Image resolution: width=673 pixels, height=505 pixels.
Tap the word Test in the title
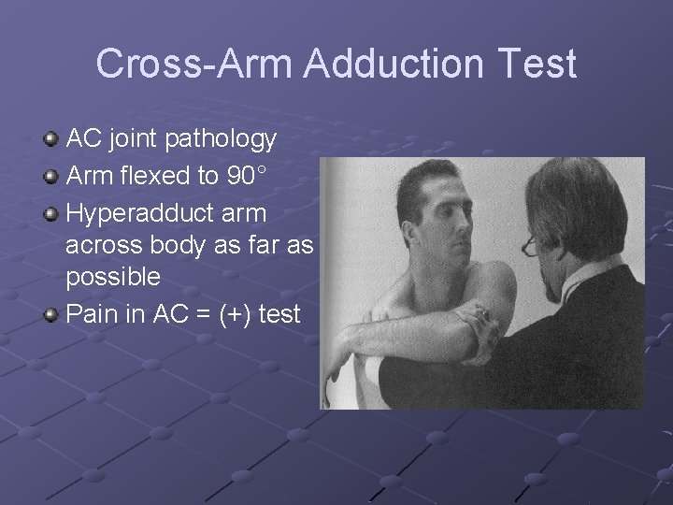tap(538, 64)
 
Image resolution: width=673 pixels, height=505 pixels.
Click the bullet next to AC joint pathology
tap(50, 140)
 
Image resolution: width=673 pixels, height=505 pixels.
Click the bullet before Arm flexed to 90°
tap(50, 177)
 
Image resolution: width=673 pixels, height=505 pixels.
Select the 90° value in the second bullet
tap(247, 175)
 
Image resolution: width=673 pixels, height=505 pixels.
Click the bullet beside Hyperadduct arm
tap(50, 214)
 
